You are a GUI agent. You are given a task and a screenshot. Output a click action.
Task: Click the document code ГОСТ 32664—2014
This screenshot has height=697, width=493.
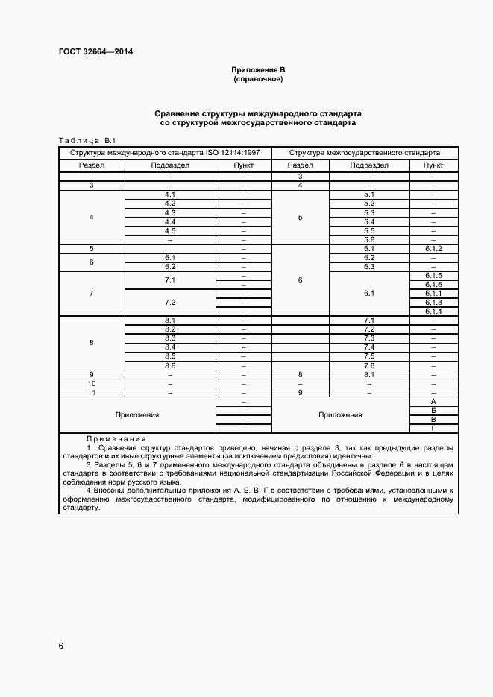[90, 52]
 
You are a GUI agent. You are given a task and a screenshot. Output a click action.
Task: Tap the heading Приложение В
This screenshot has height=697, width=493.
[258, 69]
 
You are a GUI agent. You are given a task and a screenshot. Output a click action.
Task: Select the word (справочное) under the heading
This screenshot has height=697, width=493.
[258, 78]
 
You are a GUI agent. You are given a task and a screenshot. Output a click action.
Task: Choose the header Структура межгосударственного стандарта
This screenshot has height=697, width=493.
[365, 151]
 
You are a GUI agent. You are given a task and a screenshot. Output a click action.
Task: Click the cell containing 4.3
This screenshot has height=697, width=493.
[169, 212]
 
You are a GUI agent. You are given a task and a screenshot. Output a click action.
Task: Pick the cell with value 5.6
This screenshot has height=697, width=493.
[368, 239]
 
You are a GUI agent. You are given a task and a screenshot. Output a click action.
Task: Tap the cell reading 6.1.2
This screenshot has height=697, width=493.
[433, 248]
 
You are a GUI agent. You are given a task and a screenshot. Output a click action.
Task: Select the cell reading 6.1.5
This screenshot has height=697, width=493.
[433, 276]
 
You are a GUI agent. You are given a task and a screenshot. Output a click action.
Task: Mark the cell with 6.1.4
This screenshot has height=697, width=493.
[433, 312]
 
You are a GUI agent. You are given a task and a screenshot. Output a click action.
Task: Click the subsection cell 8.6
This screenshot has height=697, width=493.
[169, 365]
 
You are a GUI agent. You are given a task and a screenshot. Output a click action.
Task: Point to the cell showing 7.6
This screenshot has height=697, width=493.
[368, 365]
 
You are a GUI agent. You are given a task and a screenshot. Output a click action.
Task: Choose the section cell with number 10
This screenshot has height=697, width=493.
[91, 383]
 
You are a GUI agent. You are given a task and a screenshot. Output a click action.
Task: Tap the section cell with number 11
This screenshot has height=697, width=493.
[91, 392]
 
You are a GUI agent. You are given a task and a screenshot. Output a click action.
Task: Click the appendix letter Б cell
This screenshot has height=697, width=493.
[433, 410]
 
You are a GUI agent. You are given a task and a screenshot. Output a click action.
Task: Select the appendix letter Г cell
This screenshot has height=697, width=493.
[433, 428]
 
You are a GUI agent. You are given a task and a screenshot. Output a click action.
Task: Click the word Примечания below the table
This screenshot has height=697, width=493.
[116, 439]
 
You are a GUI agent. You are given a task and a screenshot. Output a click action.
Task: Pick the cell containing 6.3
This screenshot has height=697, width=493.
[368, 266]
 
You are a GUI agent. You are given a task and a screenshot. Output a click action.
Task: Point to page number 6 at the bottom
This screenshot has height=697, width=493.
[60, 645]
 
